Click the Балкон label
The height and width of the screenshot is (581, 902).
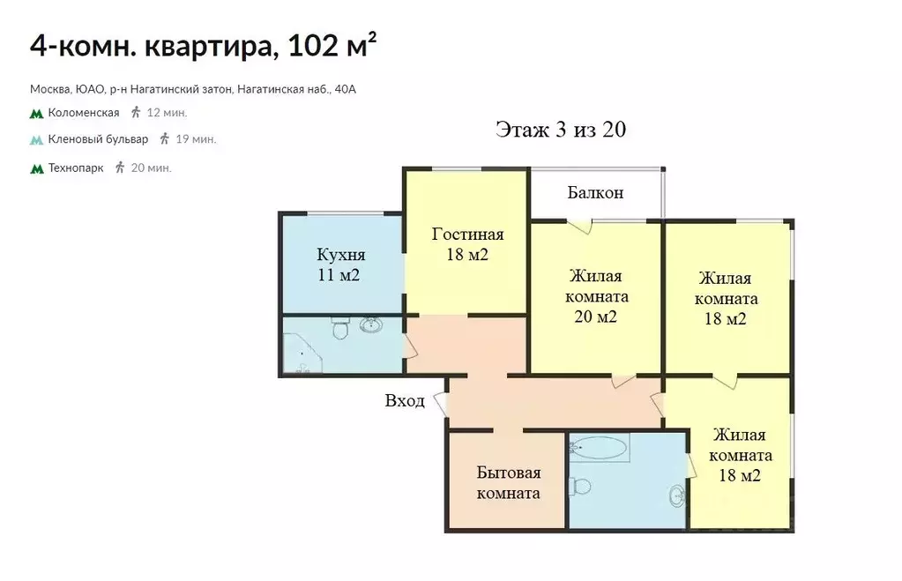coord(595,192)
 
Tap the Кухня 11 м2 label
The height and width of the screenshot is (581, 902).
coord(340,264)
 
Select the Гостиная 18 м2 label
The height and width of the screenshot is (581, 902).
coord(467,244)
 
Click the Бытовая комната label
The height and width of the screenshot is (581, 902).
coord(508,482)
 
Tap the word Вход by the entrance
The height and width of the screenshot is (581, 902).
coord(405,401)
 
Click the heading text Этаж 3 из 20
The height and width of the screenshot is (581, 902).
coord(561,130)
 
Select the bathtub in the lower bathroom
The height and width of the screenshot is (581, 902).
coord(600,449)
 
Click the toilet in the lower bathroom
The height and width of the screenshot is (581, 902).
coord(581,486)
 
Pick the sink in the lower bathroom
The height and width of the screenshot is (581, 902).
coord(676,495)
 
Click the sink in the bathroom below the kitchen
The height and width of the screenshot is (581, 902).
coord(371,326)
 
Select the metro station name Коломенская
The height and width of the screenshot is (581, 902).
coord(84,113)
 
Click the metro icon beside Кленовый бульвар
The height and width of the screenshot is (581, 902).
coord(36,139)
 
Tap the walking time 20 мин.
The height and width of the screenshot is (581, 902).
coord(151,168)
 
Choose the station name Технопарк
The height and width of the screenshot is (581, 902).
coord(76,168)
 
